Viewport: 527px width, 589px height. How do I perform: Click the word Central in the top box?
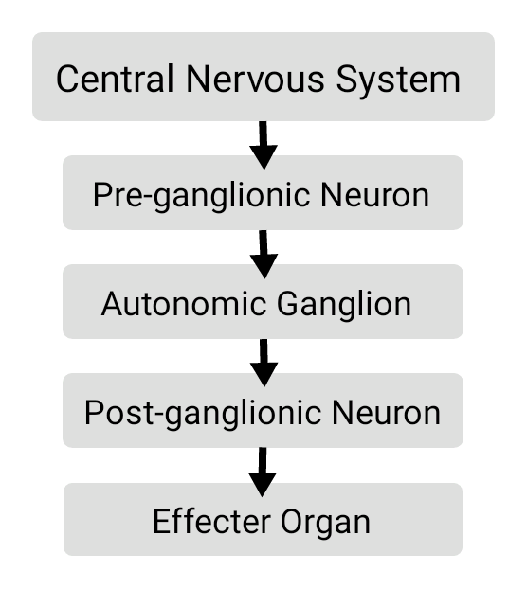(115, 79)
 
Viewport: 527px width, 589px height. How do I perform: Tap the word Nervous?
(255, 79)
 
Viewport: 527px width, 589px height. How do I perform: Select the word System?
(398, 80)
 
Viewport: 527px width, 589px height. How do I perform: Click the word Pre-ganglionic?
(202, 195)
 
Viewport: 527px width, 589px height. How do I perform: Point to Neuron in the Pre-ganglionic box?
(374, 195)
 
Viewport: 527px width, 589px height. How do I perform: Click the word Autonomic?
(184, 304)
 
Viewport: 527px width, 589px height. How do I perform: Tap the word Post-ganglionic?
(203, 413)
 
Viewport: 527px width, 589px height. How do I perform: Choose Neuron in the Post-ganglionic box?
(386, 413)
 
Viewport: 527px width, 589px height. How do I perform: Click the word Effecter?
(211, 522)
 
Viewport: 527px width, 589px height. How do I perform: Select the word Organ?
(325, 523)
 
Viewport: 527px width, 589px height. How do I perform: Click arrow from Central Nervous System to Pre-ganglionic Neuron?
(263, 146)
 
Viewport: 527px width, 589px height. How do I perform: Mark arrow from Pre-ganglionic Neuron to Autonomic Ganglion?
(263, 255)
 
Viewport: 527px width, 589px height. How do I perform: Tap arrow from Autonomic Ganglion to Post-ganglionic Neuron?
(263, 363)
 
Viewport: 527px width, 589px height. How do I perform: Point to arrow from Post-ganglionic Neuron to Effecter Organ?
(263, 472)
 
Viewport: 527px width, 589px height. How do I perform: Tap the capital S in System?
(347, 79)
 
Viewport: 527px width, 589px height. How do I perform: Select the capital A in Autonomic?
(113, 304)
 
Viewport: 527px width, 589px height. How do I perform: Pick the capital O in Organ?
(292, 522)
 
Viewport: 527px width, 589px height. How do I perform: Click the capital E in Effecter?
(161, 522)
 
